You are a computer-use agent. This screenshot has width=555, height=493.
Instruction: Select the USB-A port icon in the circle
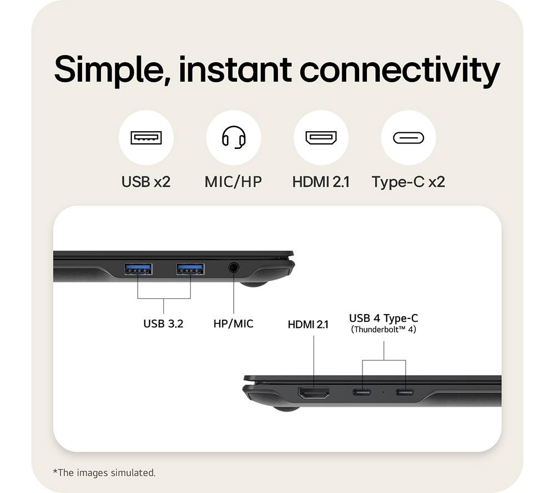coord(146,137)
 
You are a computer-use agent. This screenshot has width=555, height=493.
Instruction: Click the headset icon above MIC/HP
coord(234,137)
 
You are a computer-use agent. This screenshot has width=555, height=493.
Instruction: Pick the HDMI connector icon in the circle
coord(321,137)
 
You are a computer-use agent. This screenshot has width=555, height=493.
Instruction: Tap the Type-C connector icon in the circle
coord(408,138)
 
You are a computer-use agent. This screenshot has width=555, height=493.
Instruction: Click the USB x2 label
coord(146,182)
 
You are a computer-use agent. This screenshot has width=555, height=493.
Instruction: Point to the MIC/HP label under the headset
coord(233,182)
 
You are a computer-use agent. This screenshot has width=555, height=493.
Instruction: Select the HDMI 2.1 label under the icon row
coord(321,182)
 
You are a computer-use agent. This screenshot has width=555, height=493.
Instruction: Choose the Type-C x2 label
coord(408,182)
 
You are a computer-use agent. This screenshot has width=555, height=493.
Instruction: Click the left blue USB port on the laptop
coord(138,269)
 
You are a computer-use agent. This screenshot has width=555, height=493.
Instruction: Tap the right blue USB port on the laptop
coord(190,269)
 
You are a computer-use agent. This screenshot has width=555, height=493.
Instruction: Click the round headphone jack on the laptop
coord(233,267)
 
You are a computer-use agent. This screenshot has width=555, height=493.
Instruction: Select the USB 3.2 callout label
coord(163,323)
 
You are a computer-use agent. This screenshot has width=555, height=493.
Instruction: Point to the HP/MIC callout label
coord(233,323)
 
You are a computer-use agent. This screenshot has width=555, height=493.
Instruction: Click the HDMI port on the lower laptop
coord(314,393)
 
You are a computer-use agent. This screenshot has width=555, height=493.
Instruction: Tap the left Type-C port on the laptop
coord(362,392)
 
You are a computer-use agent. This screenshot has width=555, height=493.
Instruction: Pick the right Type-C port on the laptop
coord(405,392)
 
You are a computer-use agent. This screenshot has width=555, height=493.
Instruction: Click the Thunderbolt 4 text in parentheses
coord(384,330)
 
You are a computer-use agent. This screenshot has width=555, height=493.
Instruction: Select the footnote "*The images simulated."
coord(104,473)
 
